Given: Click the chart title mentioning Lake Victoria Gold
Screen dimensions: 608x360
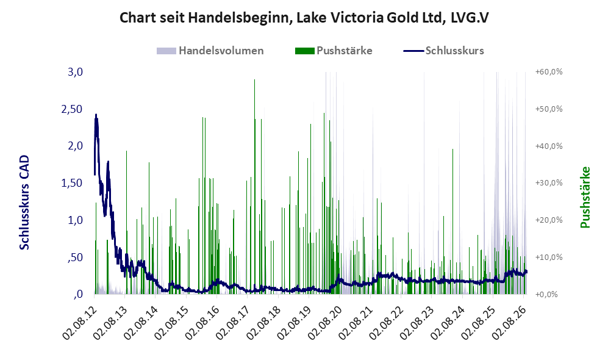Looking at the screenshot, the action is [304, 18].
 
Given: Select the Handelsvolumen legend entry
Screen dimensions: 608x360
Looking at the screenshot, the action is [210, 51].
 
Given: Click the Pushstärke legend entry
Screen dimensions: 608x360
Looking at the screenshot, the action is [334, 51].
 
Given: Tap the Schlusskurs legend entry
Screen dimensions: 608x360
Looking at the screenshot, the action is [443, 51].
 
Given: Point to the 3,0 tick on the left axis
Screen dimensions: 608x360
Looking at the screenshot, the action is [75, 72].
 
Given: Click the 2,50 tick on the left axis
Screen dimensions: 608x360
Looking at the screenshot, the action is [72, 109].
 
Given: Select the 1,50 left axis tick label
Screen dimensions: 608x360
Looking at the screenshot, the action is [72, 182].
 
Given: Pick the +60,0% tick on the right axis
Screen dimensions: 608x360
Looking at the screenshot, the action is [549, 72].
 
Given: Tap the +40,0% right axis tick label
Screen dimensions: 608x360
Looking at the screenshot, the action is [549, 146].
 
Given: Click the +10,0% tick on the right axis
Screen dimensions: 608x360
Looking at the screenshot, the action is [549, 257].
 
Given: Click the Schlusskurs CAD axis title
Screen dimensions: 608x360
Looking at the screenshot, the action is [24, 202].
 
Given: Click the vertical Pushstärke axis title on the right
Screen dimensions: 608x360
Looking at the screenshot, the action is [585, 197].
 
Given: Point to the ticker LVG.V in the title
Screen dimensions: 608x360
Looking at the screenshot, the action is [470, 18].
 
